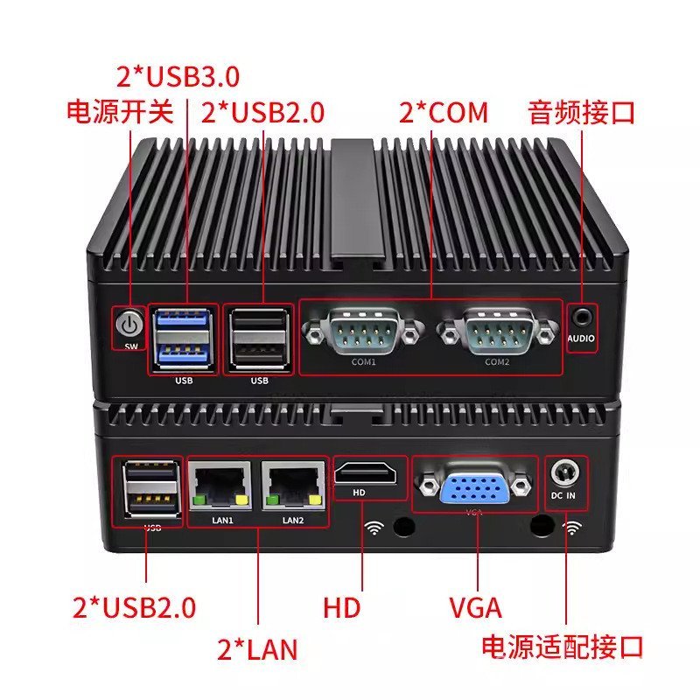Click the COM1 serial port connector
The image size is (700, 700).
pos(362,331)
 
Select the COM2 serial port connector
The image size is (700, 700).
pos(497,331)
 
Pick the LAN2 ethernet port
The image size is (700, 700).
pos(293,486)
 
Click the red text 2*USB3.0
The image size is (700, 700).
pos(178,76)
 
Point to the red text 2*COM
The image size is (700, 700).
pos(444,113)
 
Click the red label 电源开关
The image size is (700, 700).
pos(121,113)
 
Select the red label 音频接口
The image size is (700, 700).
pos(581,113)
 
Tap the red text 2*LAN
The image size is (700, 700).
pos(257,649)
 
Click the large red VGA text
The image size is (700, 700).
pos(475,606)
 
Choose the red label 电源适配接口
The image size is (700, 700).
pos(562,647)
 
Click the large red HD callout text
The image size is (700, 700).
pos(341,606)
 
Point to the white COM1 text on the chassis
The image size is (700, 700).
pos(363,362)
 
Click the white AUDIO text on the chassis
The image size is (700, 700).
pos(582,338)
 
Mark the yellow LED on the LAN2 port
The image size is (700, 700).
pos(312,500)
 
